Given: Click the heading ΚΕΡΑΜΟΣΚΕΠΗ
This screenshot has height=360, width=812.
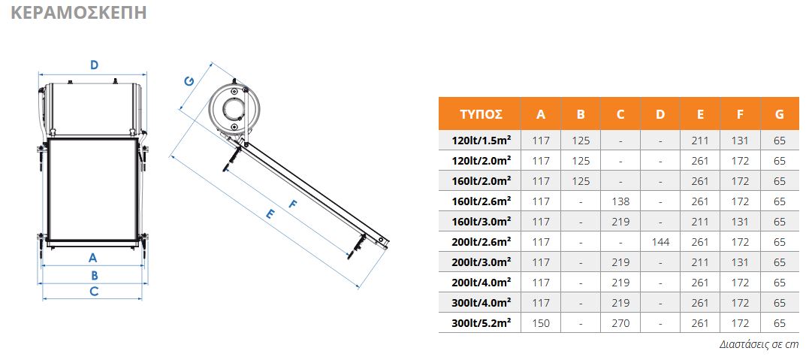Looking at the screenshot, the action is tap(79, 13).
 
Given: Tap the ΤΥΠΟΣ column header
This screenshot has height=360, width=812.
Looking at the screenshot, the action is tap(481, 114).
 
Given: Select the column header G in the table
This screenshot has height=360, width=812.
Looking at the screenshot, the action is tap(780, 114).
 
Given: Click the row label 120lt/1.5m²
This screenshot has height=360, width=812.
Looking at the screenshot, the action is tap(481, 141).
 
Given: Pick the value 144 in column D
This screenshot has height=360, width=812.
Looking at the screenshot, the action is tap(660, 242).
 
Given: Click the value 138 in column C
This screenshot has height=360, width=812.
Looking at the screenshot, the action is tap(620, 201).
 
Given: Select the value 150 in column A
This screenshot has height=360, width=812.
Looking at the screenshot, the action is tap(541, 323).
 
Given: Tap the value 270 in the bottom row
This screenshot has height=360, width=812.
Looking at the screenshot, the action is tap(620, 323).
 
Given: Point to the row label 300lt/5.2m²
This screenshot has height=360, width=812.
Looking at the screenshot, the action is tap(481, 322).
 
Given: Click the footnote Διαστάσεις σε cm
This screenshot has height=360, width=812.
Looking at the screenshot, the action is tap(759, 344).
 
